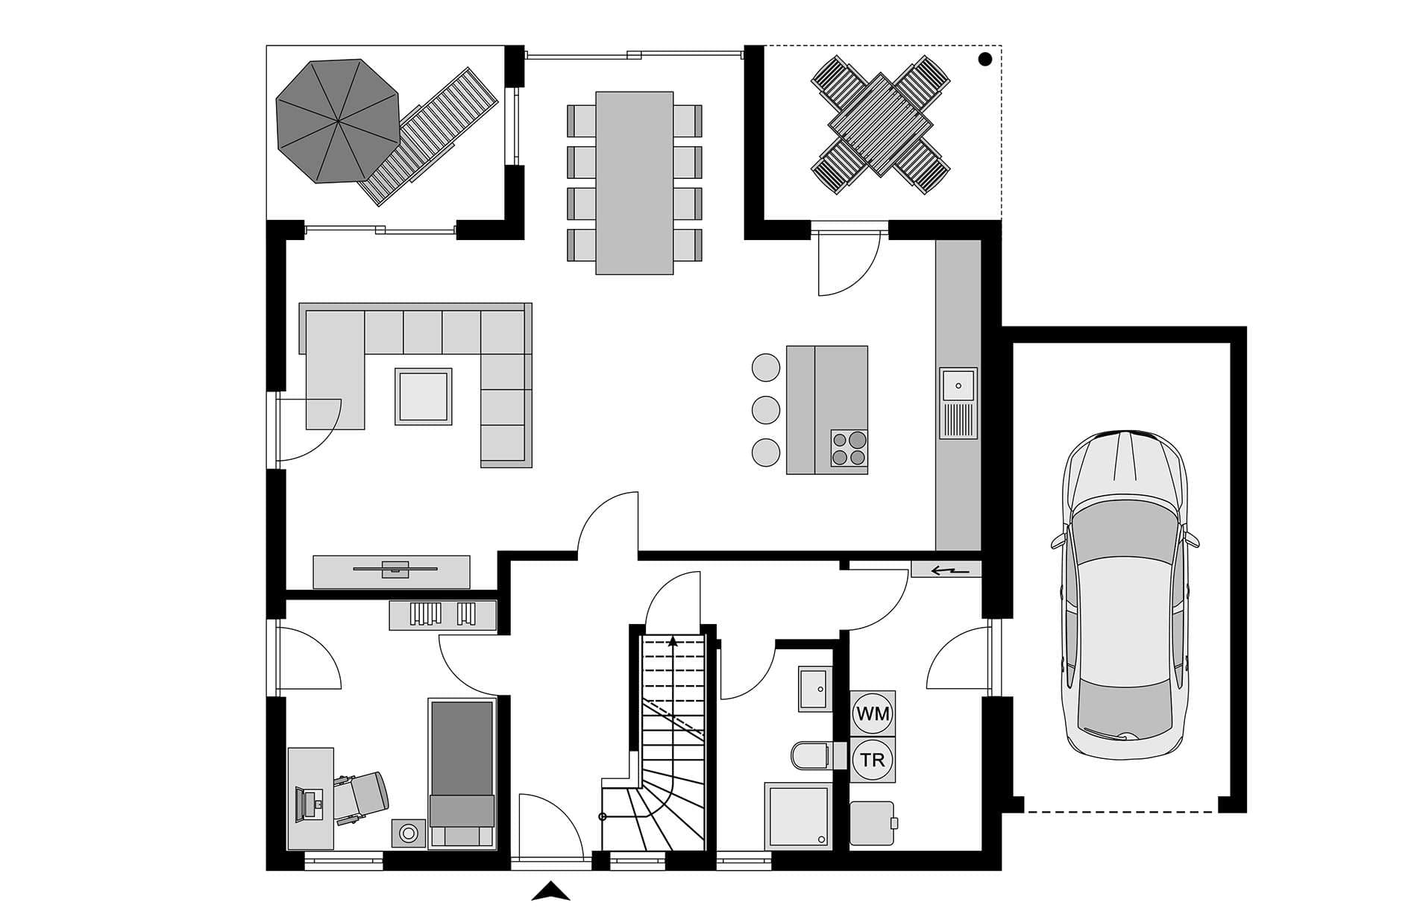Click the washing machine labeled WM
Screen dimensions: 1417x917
tap(873, 713)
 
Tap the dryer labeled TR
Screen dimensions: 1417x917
tap(873, 760)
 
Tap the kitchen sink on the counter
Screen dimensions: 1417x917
tap(958, 403)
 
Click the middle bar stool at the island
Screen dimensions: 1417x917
tap(766, 409)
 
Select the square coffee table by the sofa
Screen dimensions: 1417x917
tap(424, 397)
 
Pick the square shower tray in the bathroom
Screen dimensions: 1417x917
tap(798, 816)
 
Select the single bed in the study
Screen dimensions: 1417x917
tap(462, 773)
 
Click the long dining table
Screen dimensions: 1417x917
tap(635, 183)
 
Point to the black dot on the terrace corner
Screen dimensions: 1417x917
tap(985, 59)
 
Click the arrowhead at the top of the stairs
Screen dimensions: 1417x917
tap(673, 640)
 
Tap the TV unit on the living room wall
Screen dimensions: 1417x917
tap(392, 572)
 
